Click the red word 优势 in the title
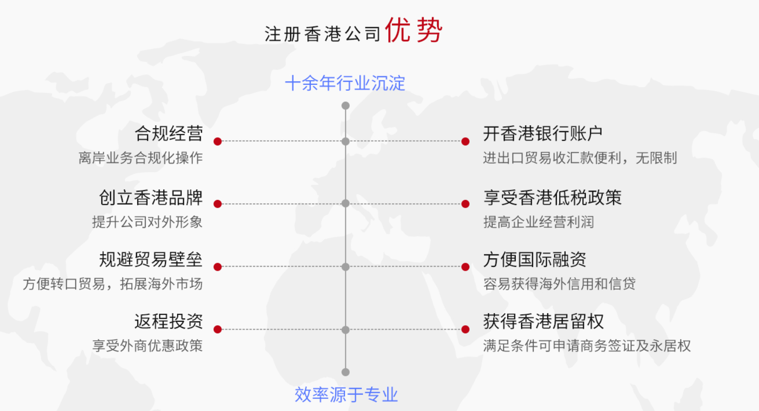(x=414, y=30)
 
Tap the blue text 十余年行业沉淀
(x=345, y=83)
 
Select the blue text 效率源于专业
(x=346, y=395)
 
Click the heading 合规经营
(x=168, y=133)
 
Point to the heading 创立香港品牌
(x=151, y=198)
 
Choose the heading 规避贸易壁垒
(x=151, y=260)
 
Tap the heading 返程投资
(x=168, y=321)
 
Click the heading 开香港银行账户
(x=542, y=133)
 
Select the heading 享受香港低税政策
(x=552, y=198)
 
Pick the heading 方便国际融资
(x=535, y=260)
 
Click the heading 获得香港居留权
(x=543, y=321)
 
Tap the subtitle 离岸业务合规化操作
(x=140, y=158)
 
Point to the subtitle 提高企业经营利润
(x=538, y=222)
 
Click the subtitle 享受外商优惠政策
(x=148, y=345)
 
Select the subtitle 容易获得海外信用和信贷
(x=559, y=284)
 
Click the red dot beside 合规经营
(x=218, y=141)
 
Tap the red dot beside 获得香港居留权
(x=465, y=330)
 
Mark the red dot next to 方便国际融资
(x=465, y=267)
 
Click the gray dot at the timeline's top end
(x=345, y=106)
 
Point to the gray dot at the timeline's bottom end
(x=345, y=372)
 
